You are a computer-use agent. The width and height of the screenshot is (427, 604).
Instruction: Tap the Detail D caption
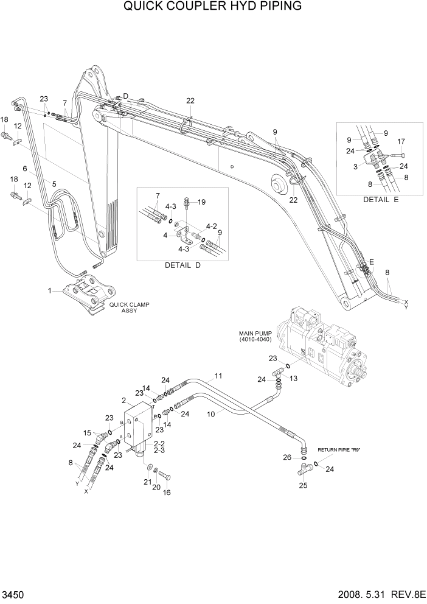(182, 265)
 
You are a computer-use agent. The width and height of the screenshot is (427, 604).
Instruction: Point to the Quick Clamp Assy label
(129, 307)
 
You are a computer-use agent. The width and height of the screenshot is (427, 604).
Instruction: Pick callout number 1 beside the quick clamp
(50, 290)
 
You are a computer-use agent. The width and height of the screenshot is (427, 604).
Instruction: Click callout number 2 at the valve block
(123, 400)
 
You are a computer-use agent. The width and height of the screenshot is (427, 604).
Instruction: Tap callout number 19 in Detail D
(202, 202)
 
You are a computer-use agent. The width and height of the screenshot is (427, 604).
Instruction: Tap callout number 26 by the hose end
(287, 457)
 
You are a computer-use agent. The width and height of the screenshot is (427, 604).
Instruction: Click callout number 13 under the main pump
(293, 378)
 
